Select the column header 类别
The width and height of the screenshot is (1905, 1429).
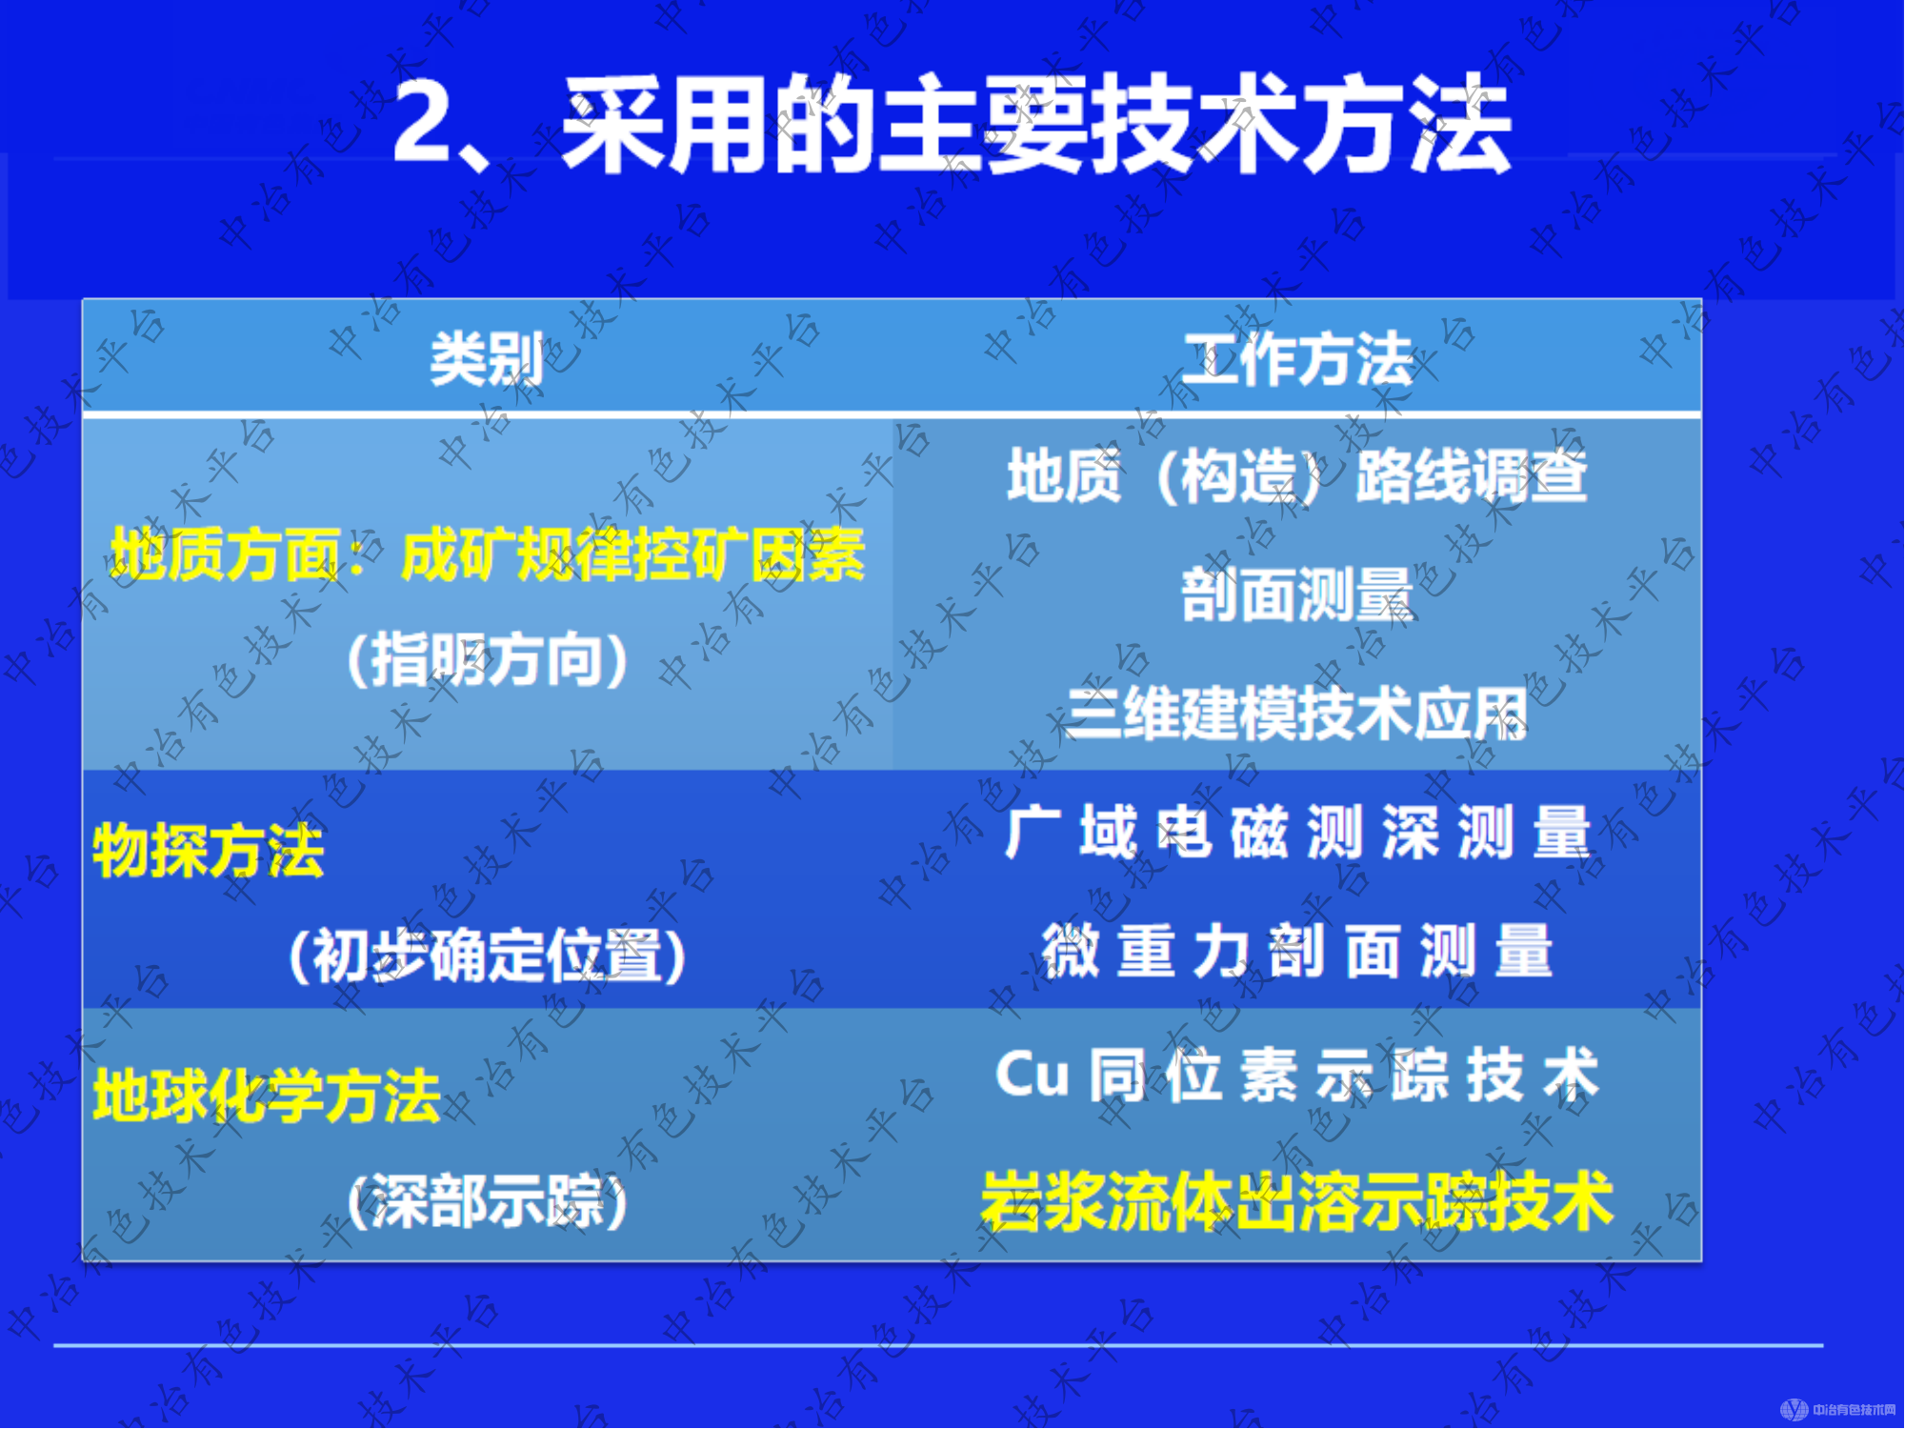pyautogui.click(x=487, y=359)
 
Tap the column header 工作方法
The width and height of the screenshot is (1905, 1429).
pyautogui.click(x=1297, y=359)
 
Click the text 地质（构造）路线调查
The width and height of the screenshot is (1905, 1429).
pyautogui.click(x=1297, y=475)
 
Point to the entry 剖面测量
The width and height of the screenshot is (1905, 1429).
pyautogui.click(x=1297, y=594)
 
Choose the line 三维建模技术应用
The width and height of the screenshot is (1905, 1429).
pyautogui.click(x=1297, y=714)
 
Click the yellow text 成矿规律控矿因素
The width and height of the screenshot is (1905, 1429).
pyautogui.click(x=632, y=554)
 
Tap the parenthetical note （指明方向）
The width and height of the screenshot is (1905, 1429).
pyautogui.click(x=487, y=659)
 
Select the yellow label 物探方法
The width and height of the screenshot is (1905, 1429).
pyautogui.click(x=209, y=851)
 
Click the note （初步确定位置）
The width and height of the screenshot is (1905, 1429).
pyautogui.click(x=487, y=956)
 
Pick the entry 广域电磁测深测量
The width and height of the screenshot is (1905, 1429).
pyautogui.click(x=1297, y=833)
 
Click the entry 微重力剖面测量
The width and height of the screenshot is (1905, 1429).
pyautogui.click(x=1297, y=951)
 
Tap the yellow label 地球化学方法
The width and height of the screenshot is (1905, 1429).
pyautogui.click(x=267, y=1096)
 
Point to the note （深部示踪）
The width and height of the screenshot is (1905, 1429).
pyautogui.click(x=487, y=1200)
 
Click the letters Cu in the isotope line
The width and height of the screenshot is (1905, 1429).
pyautogui.click(x=1032, y=1075)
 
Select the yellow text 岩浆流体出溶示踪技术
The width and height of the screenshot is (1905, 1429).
pyautogui.click(x=1297, y=1200)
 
